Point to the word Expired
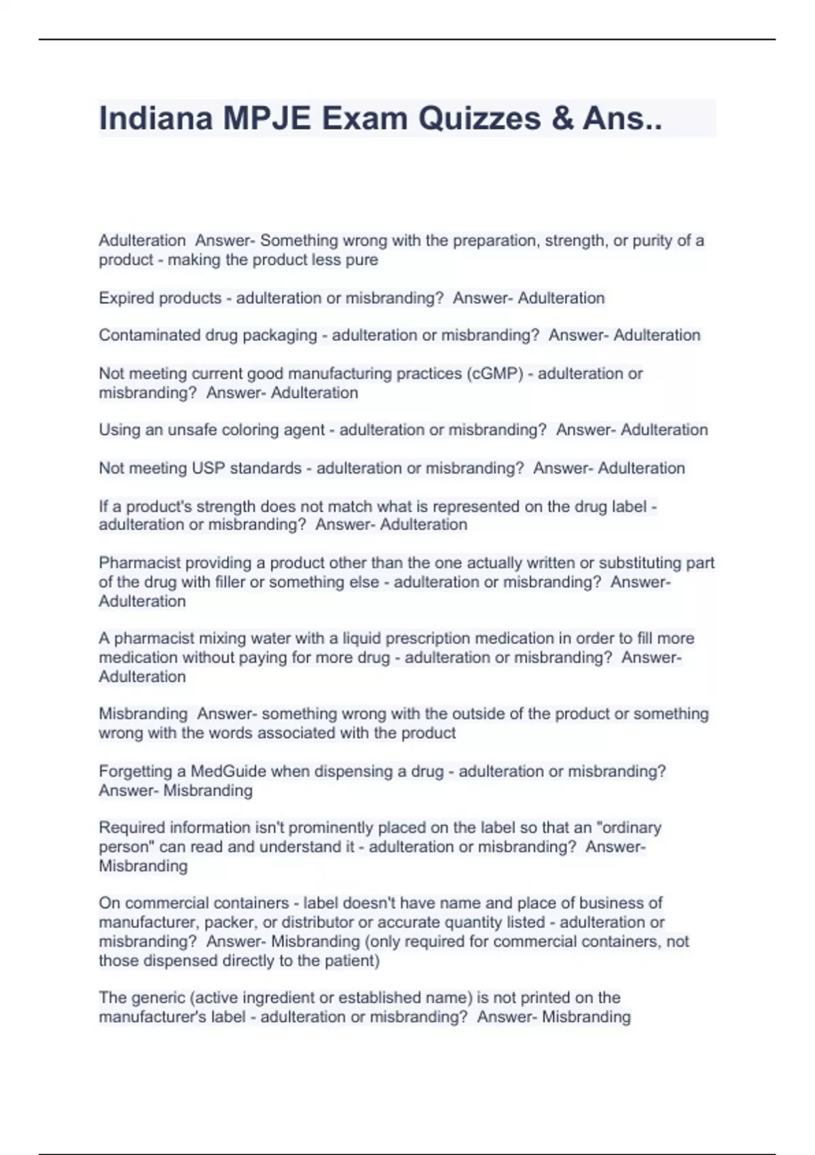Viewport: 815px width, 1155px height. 126,298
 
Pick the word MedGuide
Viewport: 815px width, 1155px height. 228,772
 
